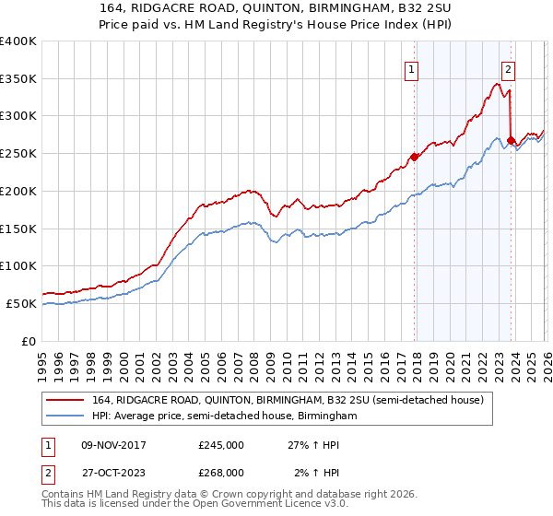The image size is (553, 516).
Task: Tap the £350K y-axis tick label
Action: pos(18,78)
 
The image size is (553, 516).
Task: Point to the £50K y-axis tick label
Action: pos(20,303)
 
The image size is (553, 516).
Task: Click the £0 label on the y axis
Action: pos(29,341)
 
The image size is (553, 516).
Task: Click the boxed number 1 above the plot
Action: pos(411,67)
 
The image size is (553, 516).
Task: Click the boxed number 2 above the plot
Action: pos(508,67)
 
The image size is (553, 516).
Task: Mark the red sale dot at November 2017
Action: pos(414,157)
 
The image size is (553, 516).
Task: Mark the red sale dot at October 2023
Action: pos(511,139)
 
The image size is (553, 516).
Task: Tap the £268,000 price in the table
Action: pos(221,473)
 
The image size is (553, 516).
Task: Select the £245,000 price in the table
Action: pos(221,444)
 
